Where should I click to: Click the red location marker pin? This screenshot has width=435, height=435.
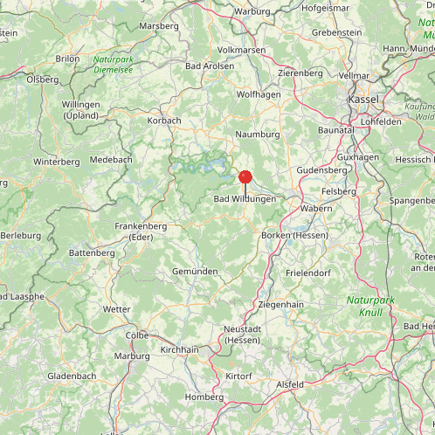click(x=245, y=176)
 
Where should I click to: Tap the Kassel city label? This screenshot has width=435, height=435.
click(x=362, y=100)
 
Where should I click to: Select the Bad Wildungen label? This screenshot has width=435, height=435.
click(x=245, y=199)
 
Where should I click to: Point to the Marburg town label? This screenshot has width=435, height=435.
click(x=132, y=356)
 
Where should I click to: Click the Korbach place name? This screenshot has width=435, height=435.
click(x=164, y=121)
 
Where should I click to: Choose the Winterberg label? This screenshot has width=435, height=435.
click(x=56, y=162)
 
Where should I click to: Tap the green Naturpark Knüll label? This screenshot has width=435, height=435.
click(x=370, y=306)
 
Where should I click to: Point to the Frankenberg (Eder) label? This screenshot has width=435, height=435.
click(x=141, y=231)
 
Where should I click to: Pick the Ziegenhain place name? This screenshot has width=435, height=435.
click(x=280, y=304)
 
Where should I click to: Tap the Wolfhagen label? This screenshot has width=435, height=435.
click(x=259, y=94)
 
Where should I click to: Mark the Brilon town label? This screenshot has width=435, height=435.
click(x=67, y=59)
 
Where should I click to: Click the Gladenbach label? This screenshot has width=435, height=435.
click(x=72, y=376)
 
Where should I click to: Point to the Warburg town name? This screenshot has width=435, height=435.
click(x=253, y=11)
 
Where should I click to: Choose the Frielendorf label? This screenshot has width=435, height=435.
click(x=309, y=273)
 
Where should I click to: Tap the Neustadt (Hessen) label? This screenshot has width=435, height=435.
click(x=242, y=334)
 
